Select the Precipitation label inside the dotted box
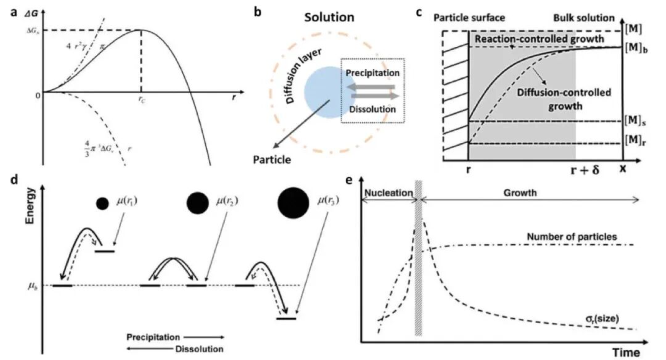tap(372, 73)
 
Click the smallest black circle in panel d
tap(102, 203)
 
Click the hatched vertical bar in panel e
tap(419, 259)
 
